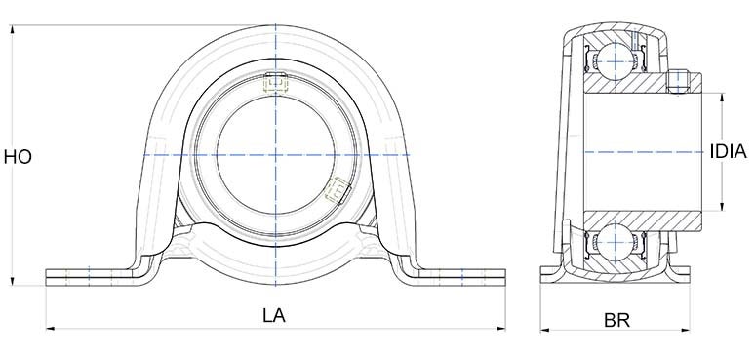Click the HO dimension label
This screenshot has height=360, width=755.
point(19,155)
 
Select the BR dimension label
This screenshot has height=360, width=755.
point(616,318)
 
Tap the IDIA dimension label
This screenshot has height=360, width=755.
point(728,151)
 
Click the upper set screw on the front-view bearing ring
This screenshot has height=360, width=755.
point(275,84)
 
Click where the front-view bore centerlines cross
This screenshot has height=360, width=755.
point(275,154)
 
